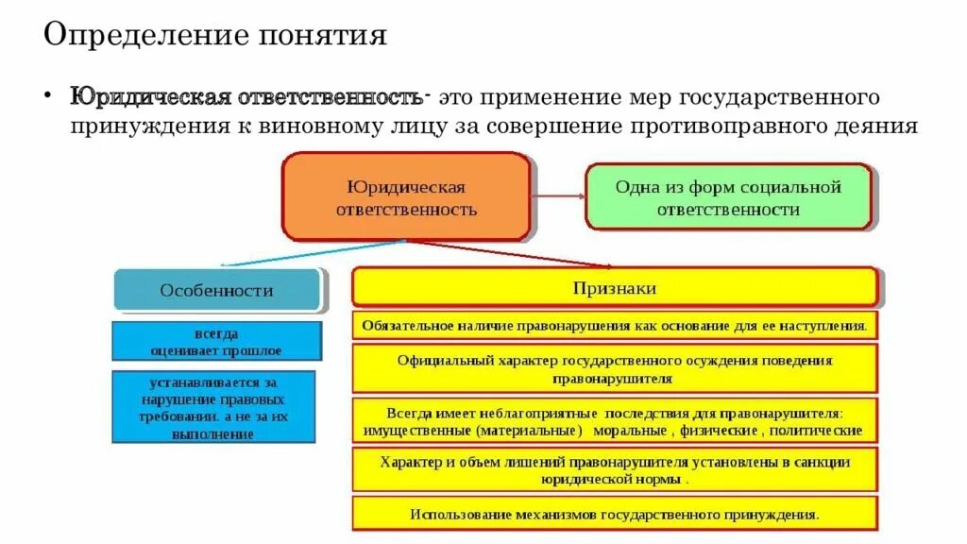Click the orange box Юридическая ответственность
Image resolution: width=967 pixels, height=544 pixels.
tap(406, 197)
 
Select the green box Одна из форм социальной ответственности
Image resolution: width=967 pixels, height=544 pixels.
tap(728, 197)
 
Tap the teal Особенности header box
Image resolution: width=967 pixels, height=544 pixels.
tap(216, 290)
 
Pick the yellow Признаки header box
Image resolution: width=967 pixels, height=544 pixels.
tap(614, 287)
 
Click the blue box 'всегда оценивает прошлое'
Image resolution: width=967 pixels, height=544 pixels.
tap(216, 342)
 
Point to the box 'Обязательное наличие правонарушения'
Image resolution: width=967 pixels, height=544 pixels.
tap(614, 326)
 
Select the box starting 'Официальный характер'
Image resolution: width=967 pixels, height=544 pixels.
tap(614, 368)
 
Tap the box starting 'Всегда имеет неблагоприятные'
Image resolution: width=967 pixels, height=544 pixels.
tap(614, 420)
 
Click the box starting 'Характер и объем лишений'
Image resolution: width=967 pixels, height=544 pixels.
tap(614, 469)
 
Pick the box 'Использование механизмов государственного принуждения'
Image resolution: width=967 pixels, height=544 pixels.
tap(614, 514)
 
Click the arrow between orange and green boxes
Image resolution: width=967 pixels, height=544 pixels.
tap(557, 196)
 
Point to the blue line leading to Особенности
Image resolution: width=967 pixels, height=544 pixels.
tap(312, 253)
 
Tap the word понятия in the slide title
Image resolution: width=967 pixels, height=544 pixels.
tap(320, 38)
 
